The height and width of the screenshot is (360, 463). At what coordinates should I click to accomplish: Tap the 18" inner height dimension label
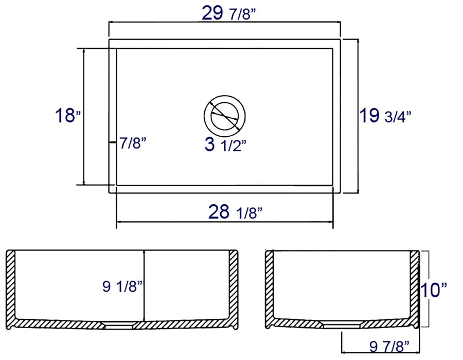point(68,116)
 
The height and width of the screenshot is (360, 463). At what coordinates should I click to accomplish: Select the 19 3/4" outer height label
point(385,116)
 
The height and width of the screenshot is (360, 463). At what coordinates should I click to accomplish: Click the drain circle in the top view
point(224,114)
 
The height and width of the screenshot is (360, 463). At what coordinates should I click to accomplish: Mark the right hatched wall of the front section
point(232,283)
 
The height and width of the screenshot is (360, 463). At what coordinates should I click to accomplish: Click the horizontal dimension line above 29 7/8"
point(225,23)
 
